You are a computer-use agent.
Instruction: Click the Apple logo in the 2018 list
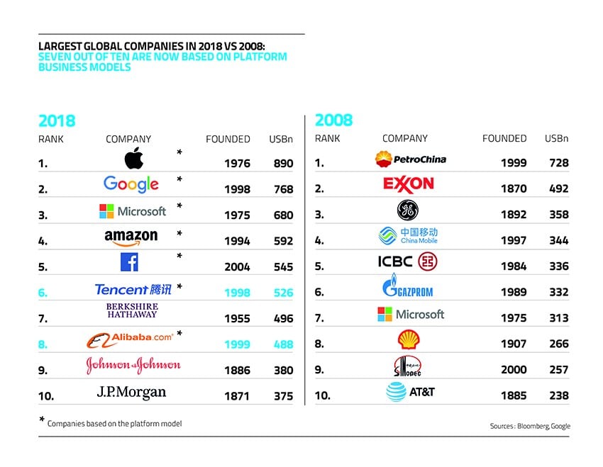[133, 159]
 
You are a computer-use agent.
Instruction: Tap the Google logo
[131, 184]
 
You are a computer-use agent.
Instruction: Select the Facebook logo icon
[129, 262]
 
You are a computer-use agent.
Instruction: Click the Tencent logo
[133, 289]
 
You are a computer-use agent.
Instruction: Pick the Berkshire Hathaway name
[133, 310]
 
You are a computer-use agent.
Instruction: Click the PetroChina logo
[411, 159]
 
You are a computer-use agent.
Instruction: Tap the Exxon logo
[408, 184]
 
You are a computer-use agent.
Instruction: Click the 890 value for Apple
[283, 163]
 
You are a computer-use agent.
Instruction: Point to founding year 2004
[237, 266]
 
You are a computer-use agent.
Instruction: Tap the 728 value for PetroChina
[558, 163]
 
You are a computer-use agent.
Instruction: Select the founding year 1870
[514, 189]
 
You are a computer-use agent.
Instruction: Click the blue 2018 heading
[57, 120]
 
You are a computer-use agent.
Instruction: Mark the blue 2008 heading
[333, 120]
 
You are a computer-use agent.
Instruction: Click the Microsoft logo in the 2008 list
[411, 314]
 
